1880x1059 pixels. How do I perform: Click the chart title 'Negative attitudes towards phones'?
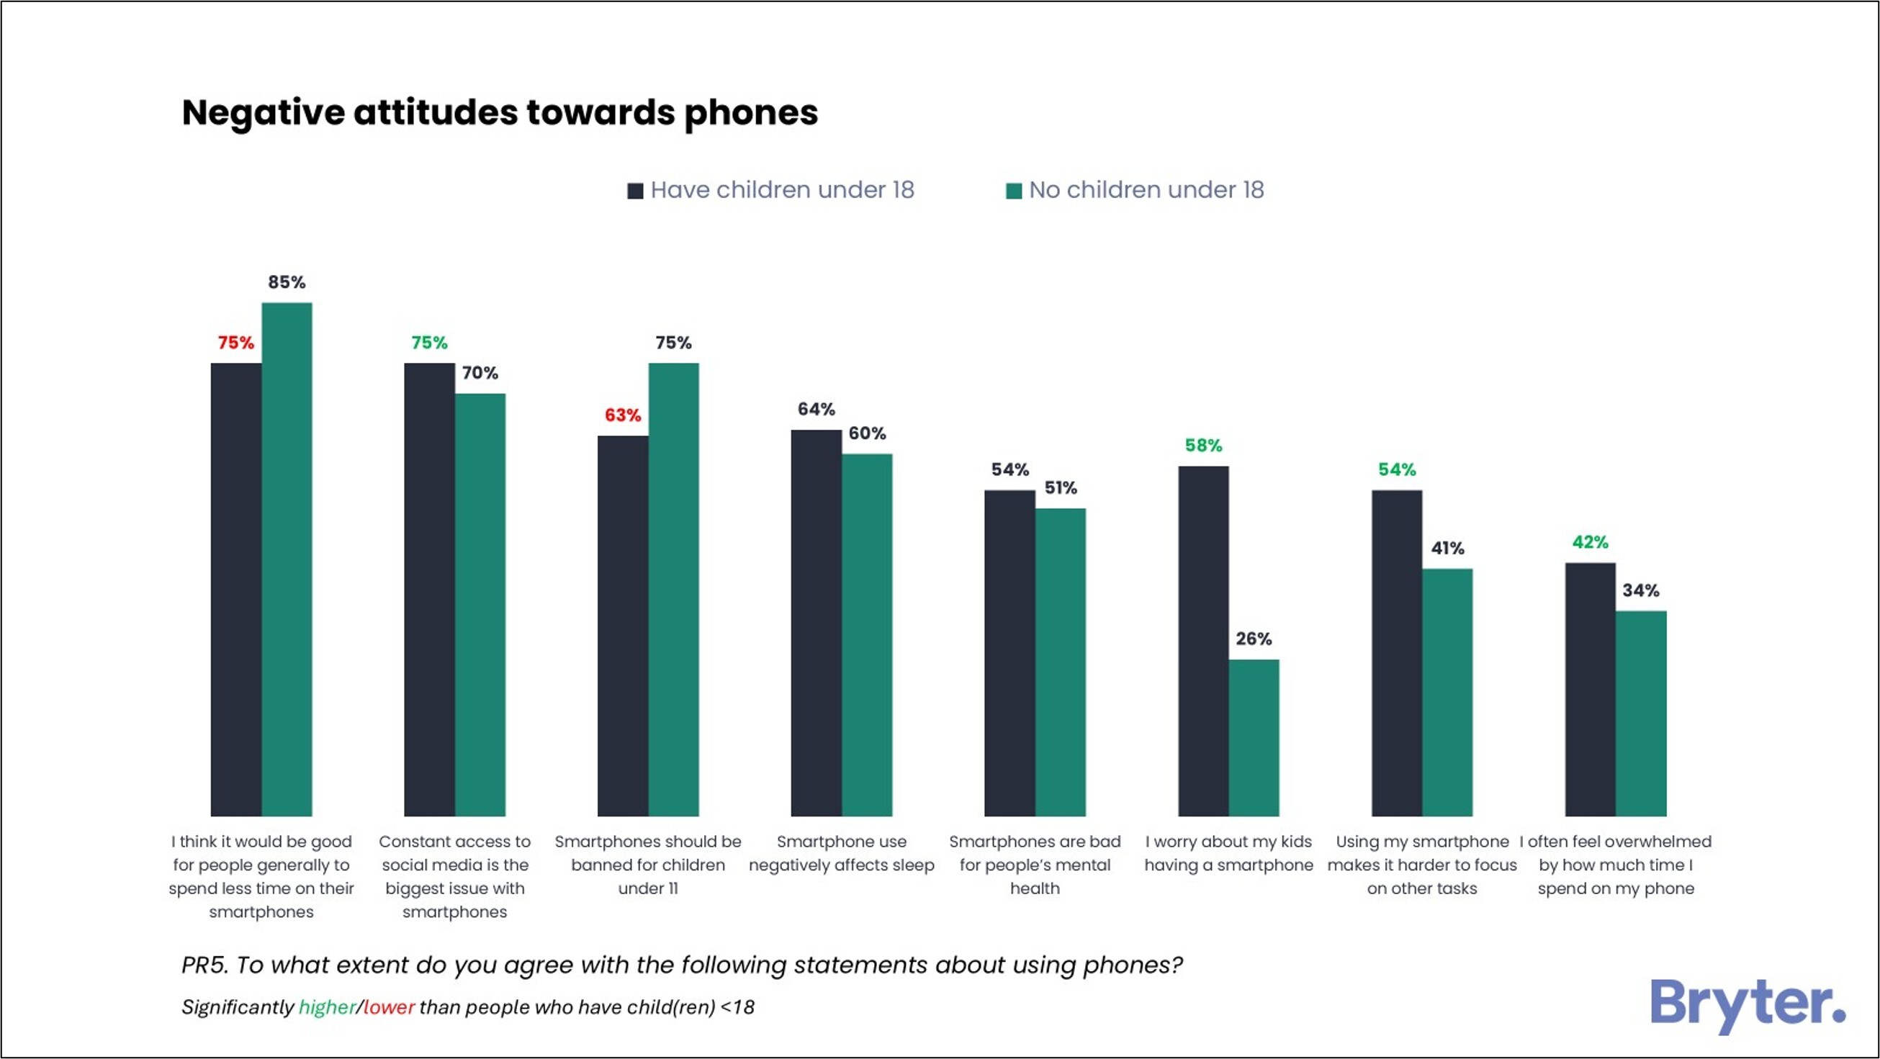coord(499,113)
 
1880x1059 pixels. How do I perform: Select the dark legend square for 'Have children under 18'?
coord(635,191)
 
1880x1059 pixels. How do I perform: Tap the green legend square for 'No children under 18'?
coord(1013,191)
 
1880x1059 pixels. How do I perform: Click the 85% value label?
coord(286,282)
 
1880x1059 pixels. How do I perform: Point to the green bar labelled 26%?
coord(1253,737)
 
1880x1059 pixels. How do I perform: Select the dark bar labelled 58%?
coord(1202,641)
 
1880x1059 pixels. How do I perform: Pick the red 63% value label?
coord(623,415)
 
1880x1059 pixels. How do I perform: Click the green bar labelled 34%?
coord(1641,713)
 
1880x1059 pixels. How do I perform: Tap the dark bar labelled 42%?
coord(1590,689)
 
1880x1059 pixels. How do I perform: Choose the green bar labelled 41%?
coord(1447,692)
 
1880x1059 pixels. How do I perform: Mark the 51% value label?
coord(1061,487)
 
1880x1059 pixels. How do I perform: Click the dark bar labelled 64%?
coord(816,623)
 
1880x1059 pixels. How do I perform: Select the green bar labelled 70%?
coord(480,604)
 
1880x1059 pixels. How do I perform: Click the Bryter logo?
coord(1748,1004)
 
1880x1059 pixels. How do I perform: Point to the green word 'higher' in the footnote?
coord(327,1007)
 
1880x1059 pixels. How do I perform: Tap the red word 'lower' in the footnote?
coord(389,1007)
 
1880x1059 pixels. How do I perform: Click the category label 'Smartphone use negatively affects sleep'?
coord(842,853)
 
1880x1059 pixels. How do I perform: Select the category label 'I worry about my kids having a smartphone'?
coord(1228,853)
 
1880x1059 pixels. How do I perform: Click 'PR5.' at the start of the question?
coord(204,965)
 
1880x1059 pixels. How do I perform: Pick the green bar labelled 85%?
coord(287,559)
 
